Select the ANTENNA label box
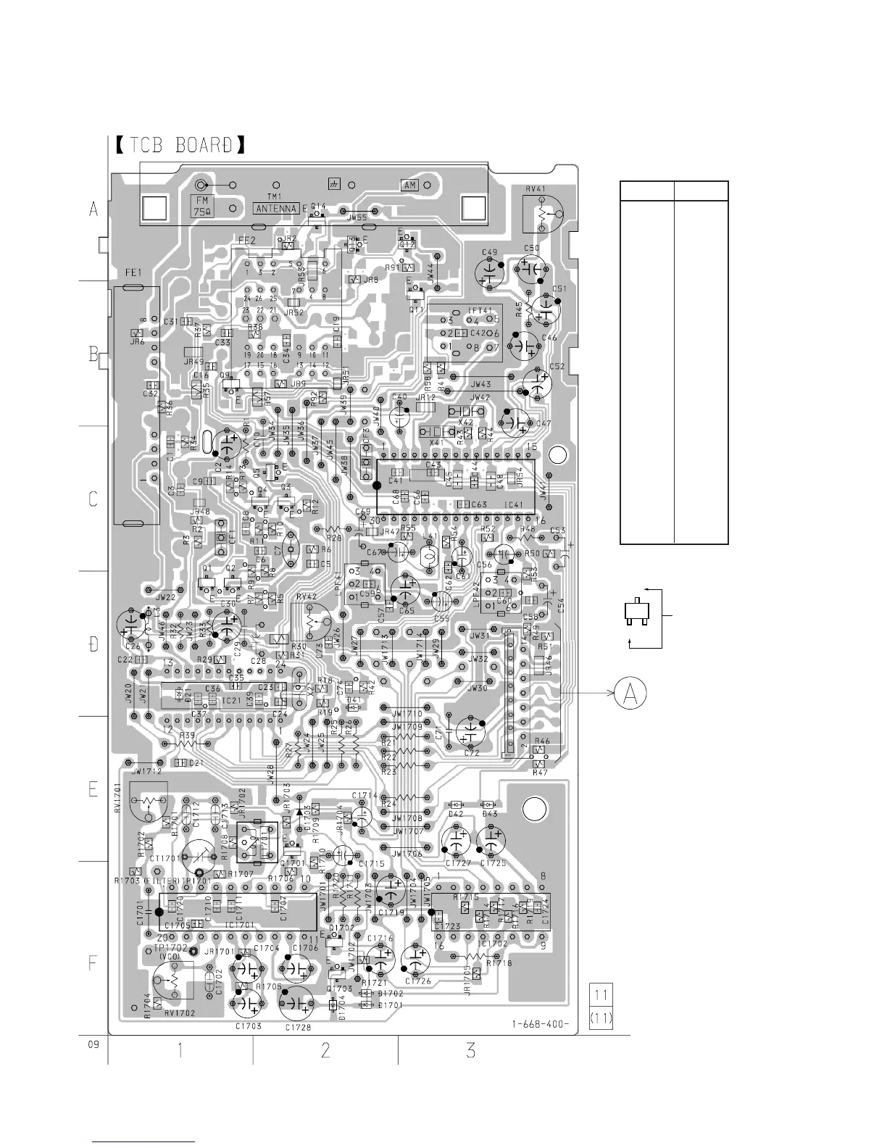(276, 209)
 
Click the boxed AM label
(410, 185)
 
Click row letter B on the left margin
(93, 354)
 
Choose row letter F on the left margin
(93, 964)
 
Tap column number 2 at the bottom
(325, 1049)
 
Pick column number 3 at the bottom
(471, 1049)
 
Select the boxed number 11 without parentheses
(602, 993)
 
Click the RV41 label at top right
(536, 189)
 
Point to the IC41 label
(513, 504)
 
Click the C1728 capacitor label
(299, 1028)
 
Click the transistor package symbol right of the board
(636, 613)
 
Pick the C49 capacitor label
(490, 252)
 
